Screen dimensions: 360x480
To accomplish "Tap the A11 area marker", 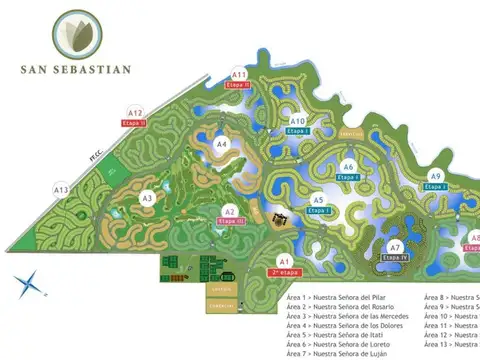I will click(239, 75).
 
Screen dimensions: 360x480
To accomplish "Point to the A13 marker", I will click(61, 190).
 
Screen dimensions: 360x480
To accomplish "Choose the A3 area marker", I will click(147, 198).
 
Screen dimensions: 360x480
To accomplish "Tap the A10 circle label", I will click(297, 122).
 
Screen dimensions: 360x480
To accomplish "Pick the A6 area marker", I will click(348, 166).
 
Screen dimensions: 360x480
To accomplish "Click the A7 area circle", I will click(395, 247).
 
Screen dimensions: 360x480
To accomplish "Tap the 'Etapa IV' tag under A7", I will click(396, 257).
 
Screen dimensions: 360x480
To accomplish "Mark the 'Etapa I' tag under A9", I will click(436, 187).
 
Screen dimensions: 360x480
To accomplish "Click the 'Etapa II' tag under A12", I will click(134, 123).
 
